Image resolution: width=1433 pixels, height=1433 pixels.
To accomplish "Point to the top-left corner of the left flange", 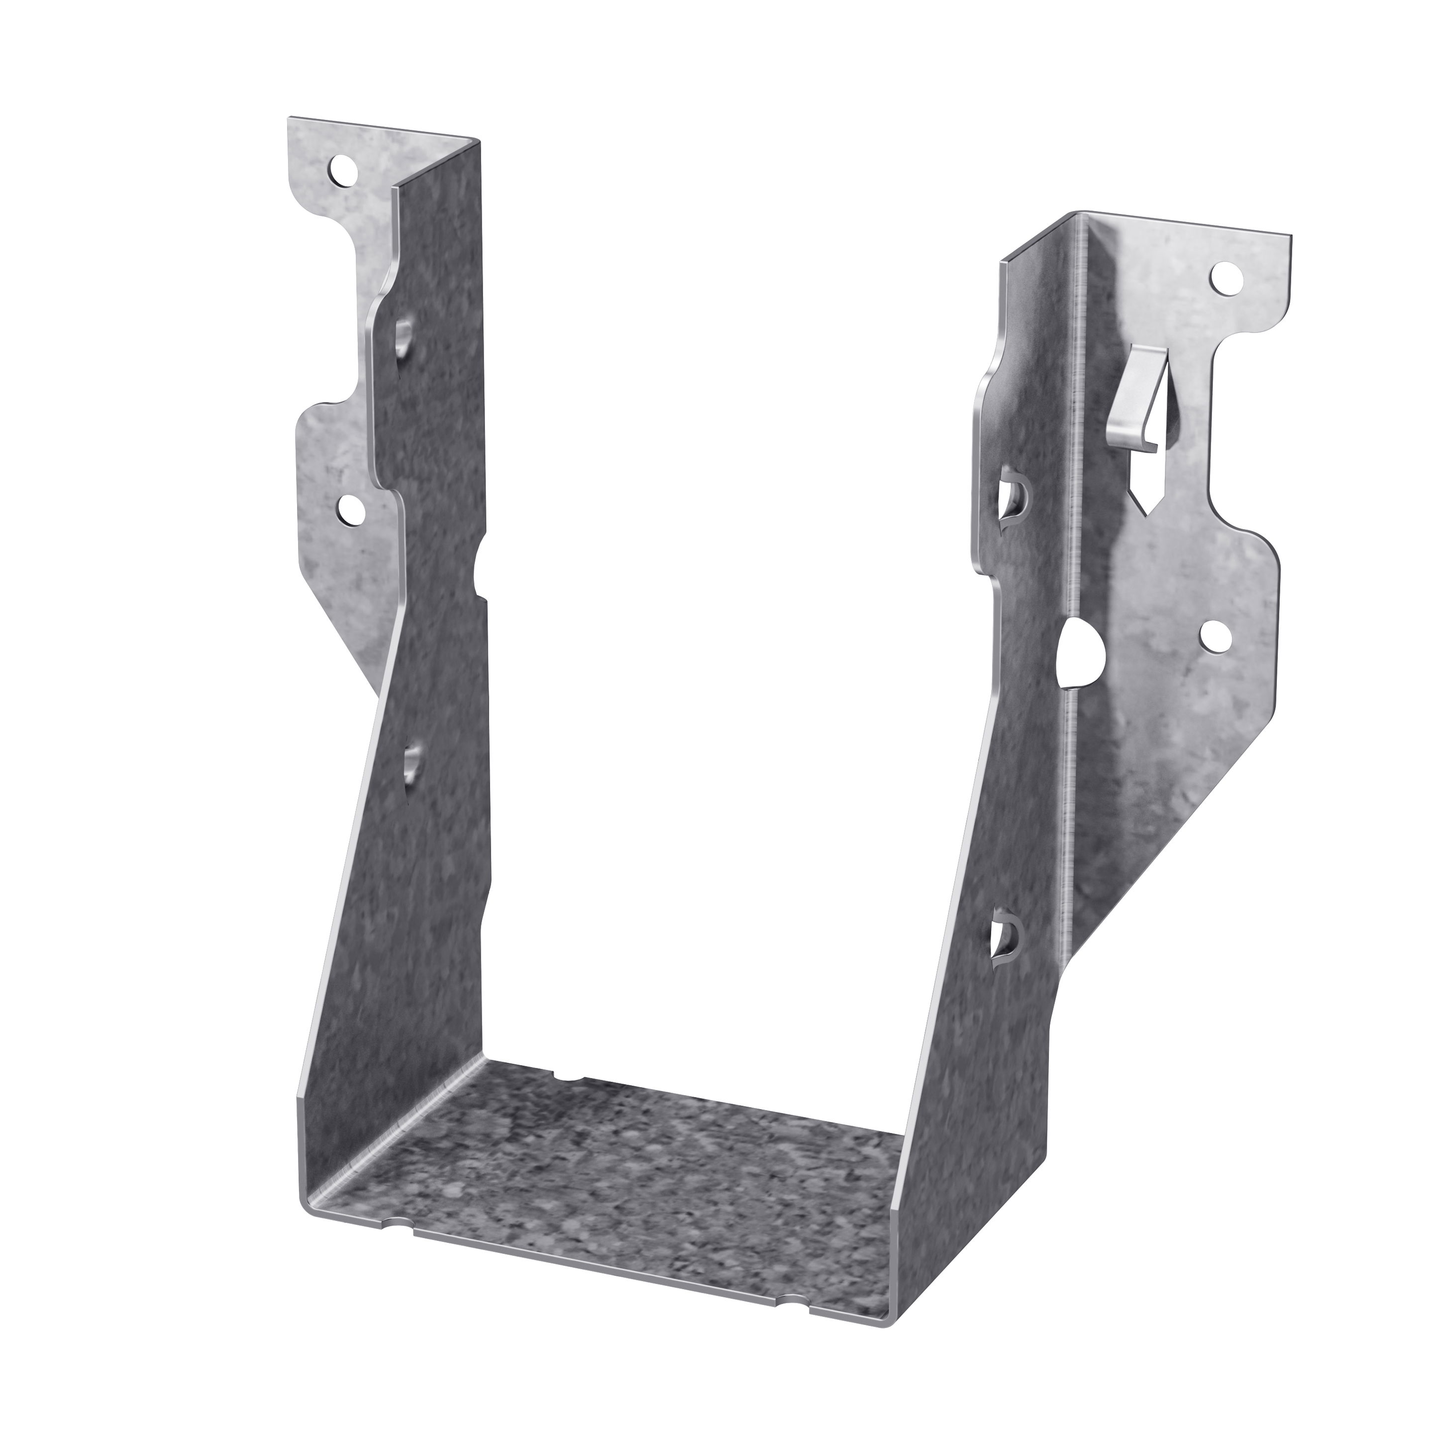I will click(290, 119).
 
